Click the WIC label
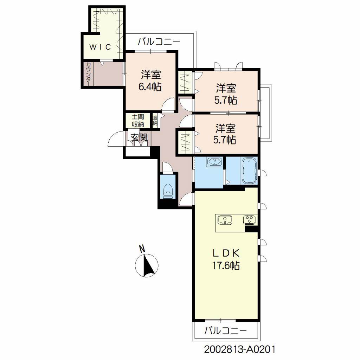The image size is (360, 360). pos(100,47)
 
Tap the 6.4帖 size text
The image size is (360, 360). pos(150,87)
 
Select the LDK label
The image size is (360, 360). pos(226,253)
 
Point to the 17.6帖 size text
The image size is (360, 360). pos(226,266)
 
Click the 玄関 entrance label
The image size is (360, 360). pos(139,137)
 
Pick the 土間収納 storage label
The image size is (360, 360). pos(138,121)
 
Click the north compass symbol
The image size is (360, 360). pos(147,266)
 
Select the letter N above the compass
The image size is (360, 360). pos(142,249)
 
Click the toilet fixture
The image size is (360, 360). pos(168,191)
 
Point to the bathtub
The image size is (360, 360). pos(249,171)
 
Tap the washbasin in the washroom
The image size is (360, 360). pos(214,162)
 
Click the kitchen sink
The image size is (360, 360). pos(225,220)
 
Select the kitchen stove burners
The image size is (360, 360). pos(250,219)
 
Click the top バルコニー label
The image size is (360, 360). pos(159,42)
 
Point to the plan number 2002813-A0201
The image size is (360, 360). pos(239,350)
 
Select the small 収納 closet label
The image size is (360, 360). pos(155,121)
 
